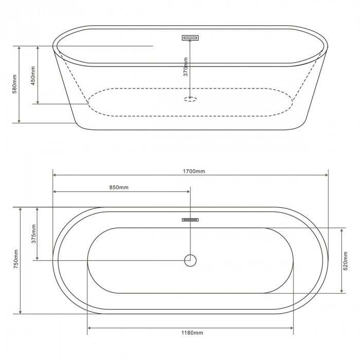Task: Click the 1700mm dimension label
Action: point(194,171)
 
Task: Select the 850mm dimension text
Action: point(119,188)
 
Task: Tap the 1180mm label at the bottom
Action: point(192,333)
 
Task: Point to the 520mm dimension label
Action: point(346,261)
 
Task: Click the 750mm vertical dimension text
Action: point(16,259)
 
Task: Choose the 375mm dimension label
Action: point(33,233)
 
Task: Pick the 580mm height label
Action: point(15,84)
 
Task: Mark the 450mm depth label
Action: point(33,76)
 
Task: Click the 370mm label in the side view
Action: point(186,67)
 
